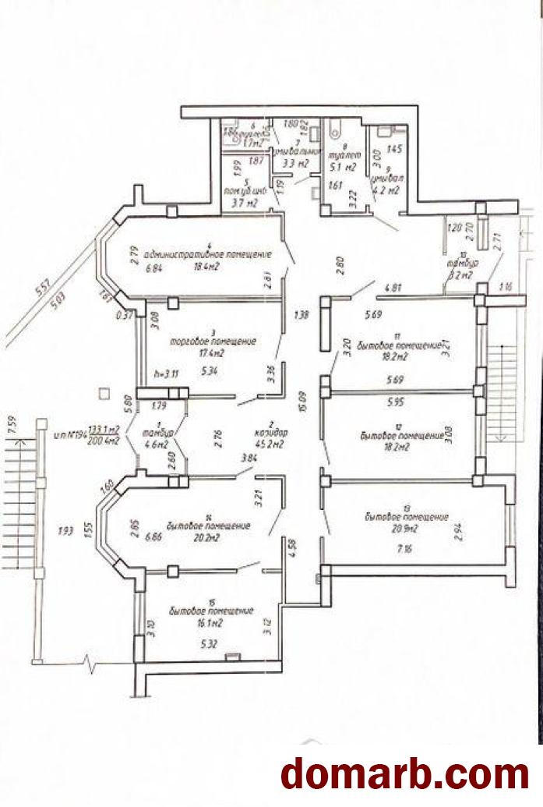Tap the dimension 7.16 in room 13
pyautogui.click(x=405, y=549)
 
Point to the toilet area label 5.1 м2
pyautogui.click(x=343, y=166)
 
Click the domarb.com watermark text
pyautogui.click(x=405, y=774)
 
